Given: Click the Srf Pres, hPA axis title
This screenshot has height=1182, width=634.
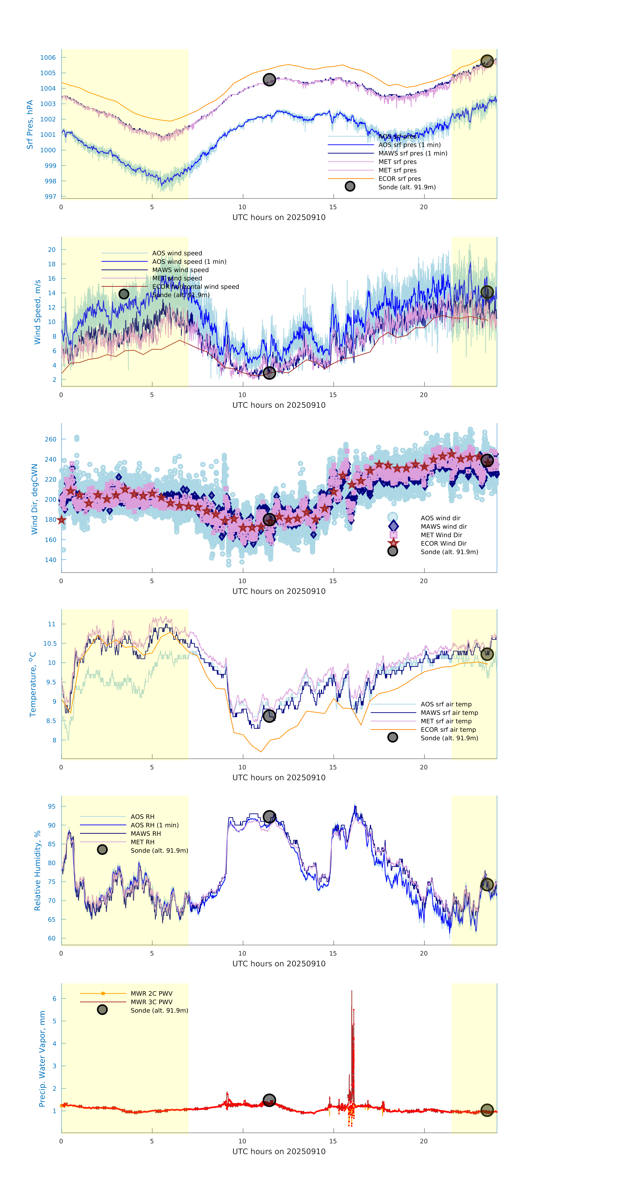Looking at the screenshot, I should pos(30,124).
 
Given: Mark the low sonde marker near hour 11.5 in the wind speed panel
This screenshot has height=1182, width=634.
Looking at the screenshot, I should pos(269,373).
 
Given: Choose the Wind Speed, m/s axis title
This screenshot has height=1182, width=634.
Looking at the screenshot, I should pos(38,312).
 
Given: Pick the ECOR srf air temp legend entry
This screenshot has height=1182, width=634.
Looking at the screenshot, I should pos(448,730).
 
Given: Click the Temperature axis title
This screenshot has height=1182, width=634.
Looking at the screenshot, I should pos(32,684).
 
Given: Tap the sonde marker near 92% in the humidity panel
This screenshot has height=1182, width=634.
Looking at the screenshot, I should pos(269,817).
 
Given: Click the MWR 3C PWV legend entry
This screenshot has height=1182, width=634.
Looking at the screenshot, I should pos(151,1002).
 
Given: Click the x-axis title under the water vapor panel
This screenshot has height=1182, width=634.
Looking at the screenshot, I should pos(279,1152).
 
